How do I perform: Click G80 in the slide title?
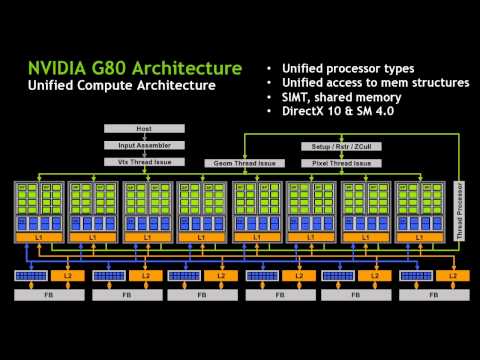tap(111, 68)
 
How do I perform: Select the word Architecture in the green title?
tap(188, 68)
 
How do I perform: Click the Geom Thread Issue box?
tap(240, 162)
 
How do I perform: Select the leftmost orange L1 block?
tap(38, 237)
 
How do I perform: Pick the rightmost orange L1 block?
tap(420, 237)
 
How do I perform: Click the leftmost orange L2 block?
tap(68, 274)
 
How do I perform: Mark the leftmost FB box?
tap(45, 296)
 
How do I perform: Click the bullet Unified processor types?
tap(348, 68)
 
